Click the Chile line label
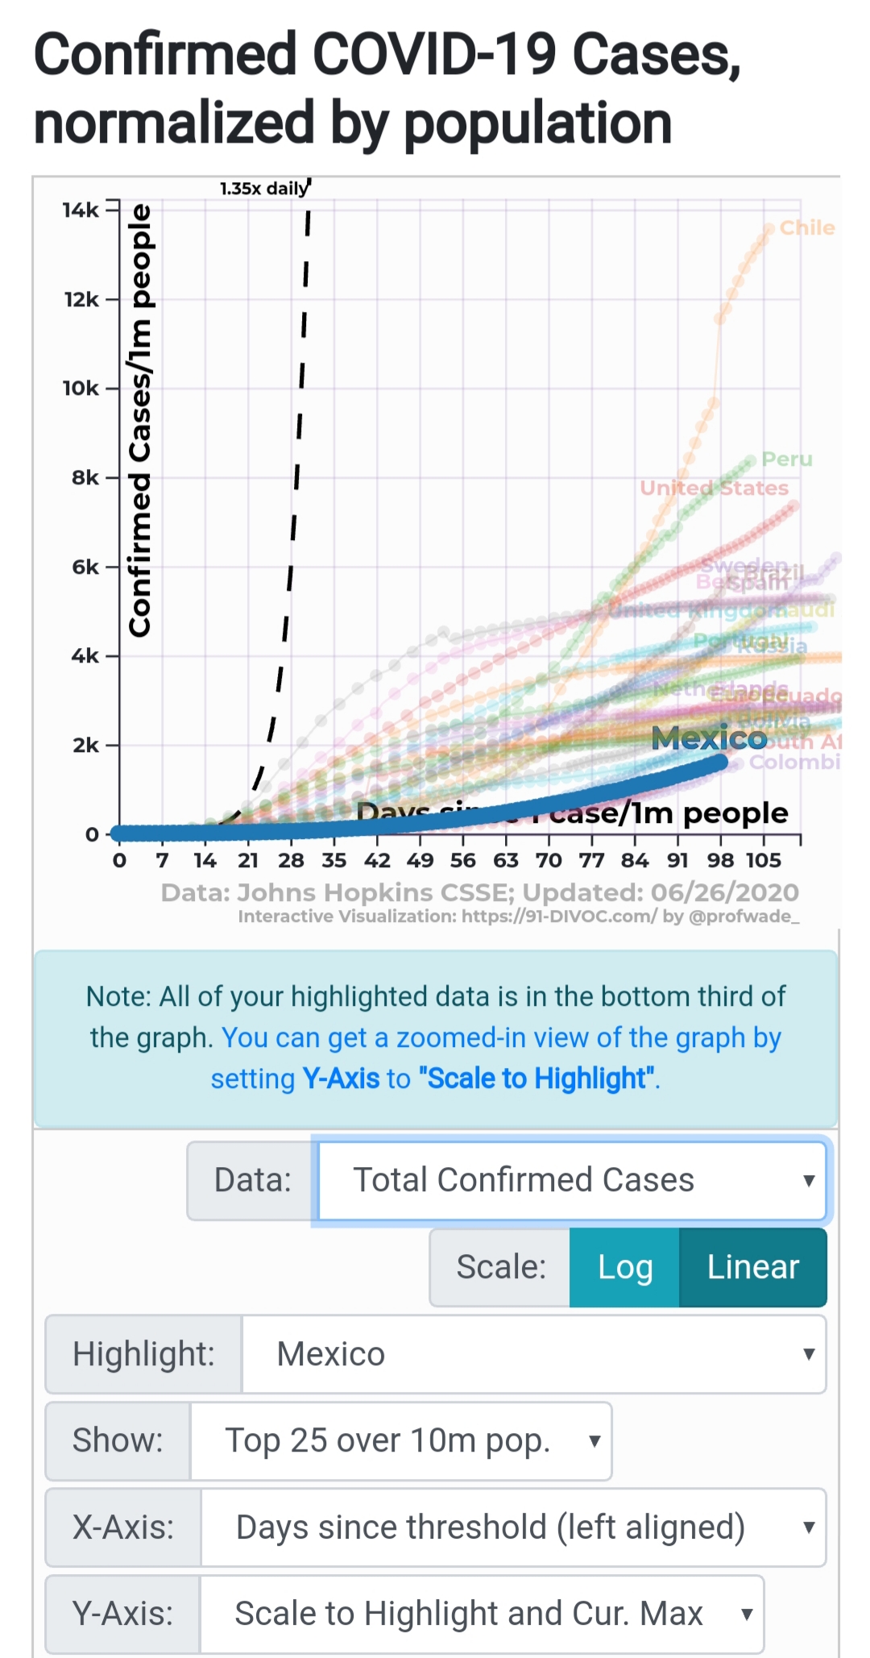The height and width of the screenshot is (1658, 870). pos(806,228)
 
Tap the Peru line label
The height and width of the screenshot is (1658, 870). pos(786,459)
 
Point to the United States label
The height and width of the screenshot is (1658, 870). pos(714,488)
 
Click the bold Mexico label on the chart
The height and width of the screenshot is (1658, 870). pos(709,738)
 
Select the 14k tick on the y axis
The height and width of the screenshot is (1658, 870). pos(81,210)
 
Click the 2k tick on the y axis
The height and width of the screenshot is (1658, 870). pos(85,746)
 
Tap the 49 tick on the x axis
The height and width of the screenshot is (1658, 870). pos(420,861)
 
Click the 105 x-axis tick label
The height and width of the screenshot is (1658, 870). pos(763,861)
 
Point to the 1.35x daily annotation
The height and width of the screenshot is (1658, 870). pos(263,189)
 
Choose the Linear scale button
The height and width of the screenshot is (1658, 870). pos(752,1267)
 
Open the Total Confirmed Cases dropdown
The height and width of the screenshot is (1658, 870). pos(572,1180)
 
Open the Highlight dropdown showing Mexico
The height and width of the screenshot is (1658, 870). pos(533,1354)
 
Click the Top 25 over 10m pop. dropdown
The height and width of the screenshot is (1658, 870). pos(400,1440)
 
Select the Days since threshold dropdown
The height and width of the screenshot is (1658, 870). pos(513,1527)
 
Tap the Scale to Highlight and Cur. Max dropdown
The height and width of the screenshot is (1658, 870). pos(481,1614)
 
